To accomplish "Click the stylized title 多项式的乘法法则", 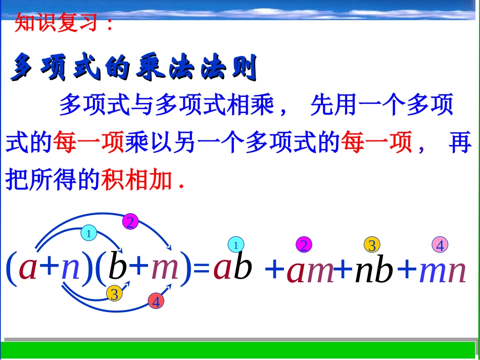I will tap(134, 68).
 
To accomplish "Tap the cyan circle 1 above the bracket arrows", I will tap(88, 233).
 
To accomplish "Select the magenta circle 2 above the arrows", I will tap(130, 222).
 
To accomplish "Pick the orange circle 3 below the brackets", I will tap(114, 293).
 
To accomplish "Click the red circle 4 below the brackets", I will tap(156, 301).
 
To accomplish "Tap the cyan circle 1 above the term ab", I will tap(235, 245).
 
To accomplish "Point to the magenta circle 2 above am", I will tap(304, 245).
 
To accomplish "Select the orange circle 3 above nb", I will tap(372, 245).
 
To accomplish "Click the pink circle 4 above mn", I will tap(440, 245).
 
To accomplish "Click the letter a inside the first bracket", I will tap(28, 268).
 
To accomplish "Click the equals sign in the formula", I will tap(202, 268).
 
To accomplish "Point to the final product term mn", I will tap(442, 271).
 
